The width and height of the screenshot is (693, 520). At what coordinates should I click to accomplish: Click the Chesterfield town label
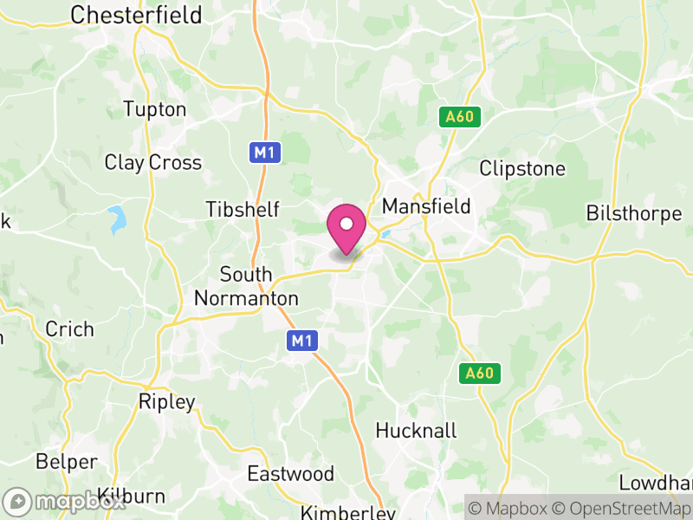point(136,15)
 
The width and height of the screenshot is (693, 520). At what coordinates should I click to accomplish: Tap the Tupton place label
point(155,109)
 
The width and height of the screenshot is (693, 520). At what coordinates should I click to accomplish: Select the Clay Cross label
point(152,162)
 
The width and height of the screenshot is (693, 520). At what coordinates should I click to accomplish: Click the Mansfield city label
point(426,206)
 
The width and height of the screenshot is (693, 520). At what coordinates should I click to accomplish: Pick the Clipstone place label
point(522,168)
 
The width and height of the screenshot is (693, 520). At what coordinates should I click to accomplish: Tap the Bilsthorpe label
point(634,213)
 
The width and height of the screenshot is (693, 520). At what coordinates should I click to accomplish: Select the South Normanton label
point(246,286)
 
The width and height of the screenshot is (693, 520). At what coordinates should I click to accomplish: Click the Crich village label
point(69,329)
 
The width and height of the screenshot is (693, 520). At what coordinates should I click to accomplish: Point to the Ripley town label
point(167,402)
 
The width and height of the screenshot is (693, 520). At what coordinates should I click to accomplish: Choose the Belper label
point(67,461)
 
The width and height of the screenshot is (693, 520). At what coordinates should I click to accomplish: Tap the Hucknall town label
point(416,431)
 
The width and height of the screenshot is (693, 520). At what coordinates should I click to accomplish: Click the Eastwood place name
point(290,474)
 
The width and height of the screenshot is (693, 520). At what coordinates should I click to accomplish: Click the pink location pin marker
point(346,228)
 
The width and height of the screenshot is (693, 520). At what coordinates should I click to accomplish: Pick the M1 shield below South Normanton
point(301,341)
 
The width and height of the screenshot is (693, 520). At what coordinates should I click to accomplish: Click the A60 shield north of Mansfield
point(459,116)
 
